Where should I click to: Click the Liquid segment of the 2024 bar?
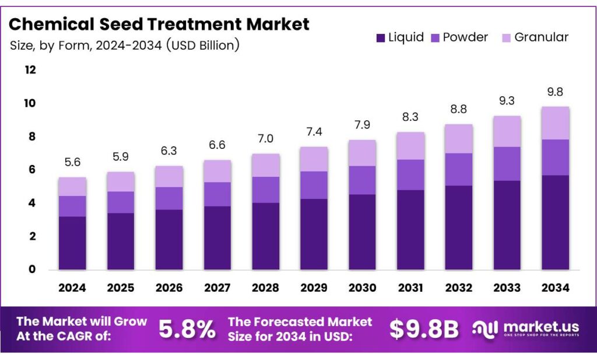(72, 243)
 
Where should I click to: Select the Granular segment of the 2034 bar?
(554, 123)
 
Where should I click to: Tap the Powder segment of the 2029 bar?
(314, 185)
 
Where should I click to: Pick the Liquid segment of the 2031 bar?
(410, 229)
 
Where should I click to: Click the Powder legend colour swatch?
(435, 38)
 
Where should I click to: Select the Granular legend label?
(541, 37)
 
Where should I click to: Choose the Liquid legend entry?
(399, 38)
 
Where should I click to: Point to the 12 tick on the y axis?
(30, 70)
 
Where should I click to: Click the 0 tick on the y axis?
(33, 270)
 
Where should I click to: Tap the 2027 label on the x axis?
(217, 288)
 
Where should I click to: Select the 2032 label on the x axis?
(459, 288)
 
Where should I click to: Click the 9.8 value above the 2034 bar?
(555, 92)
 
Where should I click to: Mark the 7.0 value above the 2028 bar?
(266, 139)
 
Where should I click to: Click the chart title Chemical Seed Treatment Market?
(159, 24)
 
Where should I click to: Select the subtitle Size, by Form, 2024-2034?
(125, 45)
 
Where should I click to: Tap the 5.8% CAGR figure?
(187, 330)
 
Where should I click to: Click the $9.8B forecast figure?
(424, 330)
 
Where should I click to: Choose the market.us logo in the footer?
(525, 330)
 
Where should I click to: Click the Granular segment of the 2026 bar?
(169, 177)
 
